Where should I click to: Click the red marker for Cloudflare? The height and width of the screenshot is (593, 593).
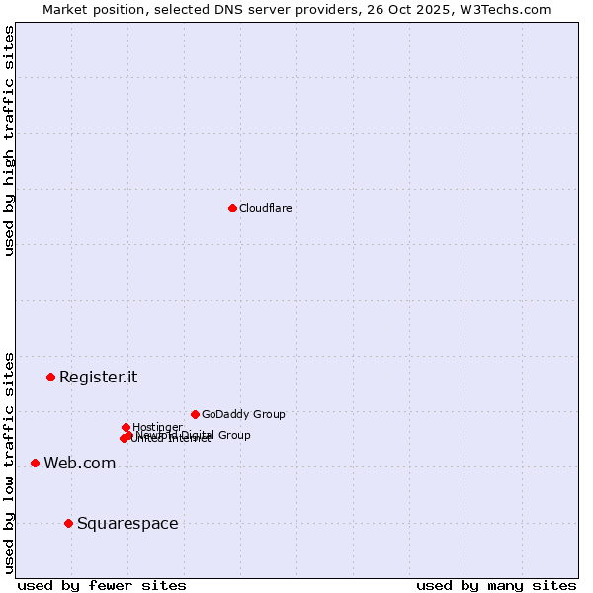[232, 208]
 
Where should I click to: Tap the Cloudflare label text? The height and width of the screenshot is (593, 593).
[265, 208]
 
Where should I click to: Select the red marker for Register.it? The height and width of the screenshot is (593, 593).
[50, 377]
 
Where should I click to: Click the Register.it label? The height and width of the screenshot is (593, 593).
[98, 377]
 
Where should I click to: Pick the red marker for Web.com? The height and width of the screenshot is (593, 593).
[35, 463]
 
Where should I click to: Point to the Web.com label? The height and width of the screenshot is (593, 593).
[79, 463]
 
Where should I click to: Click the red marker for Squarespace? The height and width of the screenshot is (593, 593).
[68, 523]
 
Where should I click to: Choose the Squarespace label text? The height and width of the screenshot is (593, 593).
[127, 523]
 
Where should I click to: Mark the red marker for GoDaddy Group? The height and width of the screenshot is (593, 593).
[195, 414]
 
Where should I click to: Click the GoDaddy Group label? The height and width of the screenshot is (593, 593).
[243, 414]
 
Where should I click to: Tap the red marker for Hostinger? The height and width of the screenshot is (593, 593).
[126, 427]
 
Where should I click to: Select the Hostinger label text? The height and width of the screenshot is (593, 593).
[157, 427]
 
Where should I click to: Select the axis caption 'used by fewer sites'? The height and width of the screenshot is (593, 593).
[102, 585]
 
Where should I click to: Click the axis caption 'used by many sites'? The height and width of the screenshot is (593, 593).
[496, 585]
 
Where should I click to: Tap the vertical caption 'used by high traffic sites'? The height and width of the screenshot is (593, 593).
[9, 140]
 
